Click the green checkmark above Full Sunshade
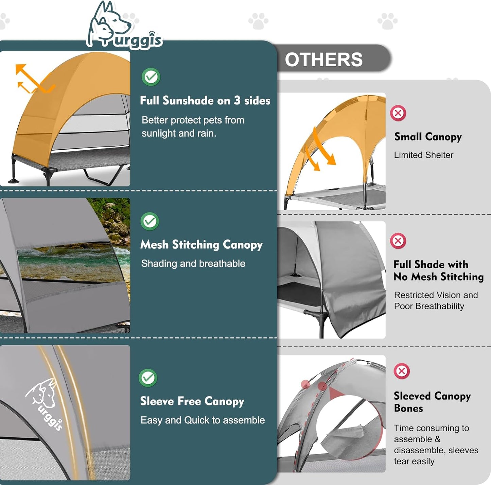(x=151, y=77)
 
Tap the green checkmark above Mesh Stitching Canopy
(x=150, y=221)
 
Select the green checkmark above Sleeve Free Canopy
(x=148, y=378)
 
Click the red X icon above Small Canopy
(x=398, y=113)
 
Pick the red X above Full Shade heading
(x=398, y=240)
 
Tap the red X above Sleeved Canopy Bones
(x=402, y=371)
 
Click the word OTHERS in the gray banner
(x=323, y=60)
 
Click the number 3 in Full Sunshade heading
(x=237, y=100)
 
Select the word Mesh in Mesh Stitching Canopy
(x=154, y=245)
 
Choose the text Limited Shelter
(x=424, y=155)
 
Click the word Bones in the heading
(x=408, y=408)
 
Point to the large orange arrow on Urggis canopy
(x=35, y=78)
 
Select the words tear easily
(x=414, y=461)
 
